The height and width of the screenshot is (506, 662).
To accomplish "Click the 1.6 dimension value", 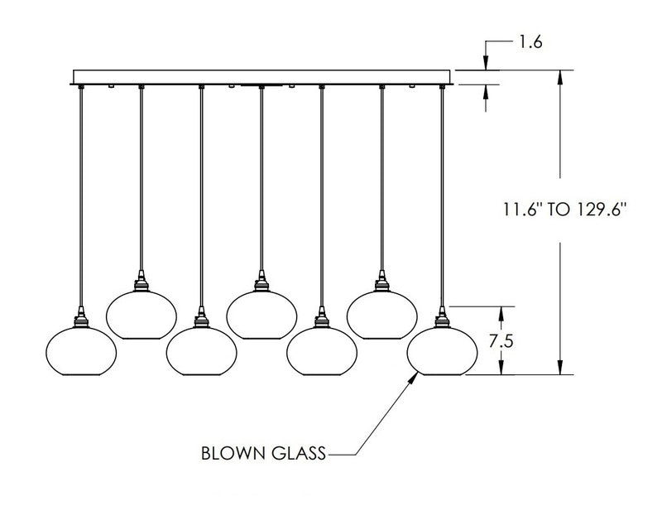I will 531,41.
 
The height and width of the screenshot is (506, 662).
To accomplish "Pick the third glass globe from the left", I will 199,349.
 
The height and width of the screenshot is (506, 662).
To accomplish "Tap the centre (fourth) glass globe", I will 261,313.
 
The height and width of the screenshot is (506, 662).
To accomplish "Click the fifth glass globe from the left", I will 320,349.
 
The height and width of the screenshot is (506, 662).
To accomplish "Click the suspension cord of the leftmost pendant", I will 80,199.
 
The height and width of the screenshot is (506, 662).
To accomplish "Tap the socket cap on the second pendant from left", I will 140,282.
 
